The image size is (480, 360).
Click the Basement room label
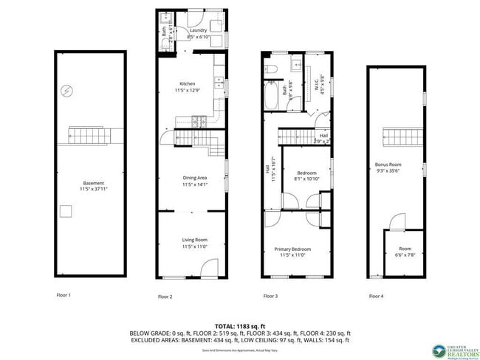pyautogui.click(x=93, y=183)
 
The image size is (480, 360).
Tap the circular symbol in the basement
pyautogui.click(x=67, y=91)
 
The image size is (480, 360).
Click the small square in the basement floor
pyautogui.click(x=66, y=212)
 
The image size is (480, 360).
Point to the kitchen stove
pyautogui.click(x=197, y=120)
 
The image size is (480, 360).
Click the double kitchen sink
pyautogui.click(x=219, y=83)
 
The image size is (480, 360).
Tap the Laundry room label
pyautogui.click(x=187, y=30)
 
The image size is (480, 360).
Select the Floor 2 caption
pyautogui.click(x=165, y=297)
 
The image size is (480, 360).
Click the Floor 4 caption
pyautogui.click(x=377, y=296)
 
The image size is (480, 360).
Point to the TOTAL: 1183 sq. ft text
pyautogui.click(x=239, y=325)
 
